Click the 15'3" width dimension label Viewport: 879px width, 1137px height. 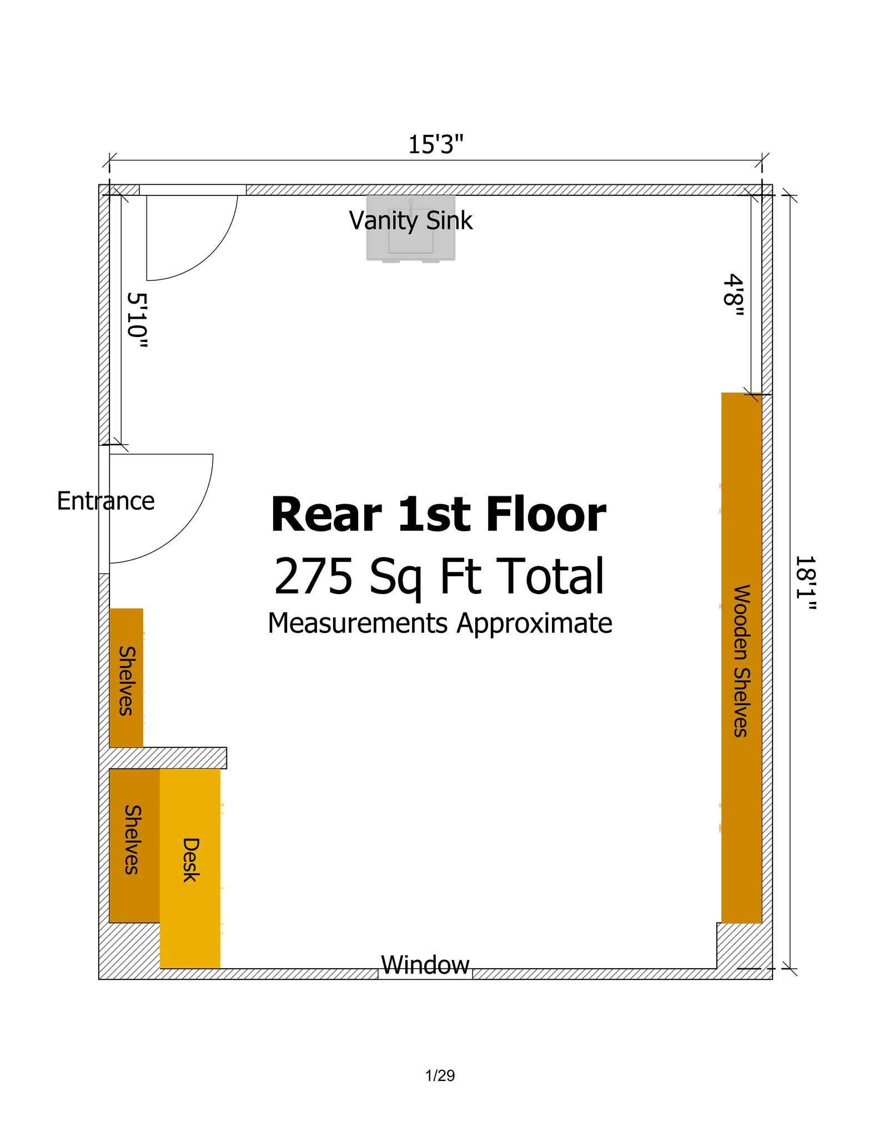pos(435,145)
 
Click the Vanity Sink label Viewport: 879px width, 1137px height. pos(410,220)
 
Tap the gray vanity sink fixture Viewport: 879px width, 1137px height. pos(411,244)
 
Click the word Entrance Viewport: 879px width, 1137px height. pos(106,501)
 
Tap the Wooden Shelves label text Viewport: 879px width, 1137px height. pos(742,661)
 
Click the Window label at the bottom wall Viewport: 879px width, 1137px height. pos(425,965)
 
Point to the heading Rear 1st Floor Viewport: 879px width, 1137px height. pos(438,515)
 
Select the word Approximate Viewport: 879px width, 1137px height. pos(534,623)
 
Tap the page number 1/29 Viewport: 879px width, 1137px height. pos(440,1076)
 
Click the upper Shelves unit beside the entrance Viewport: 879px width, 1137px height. pos(126,678)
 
